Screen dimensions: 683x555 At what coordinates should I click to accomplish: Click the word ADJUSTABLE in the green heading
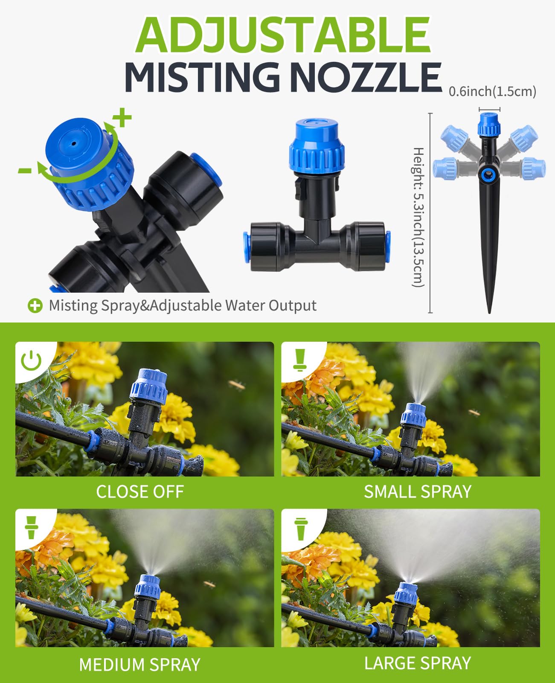click(x=283, y=35)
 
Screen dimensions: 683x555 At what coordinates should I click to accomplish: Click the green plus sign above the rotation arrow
click(x=123, y=118)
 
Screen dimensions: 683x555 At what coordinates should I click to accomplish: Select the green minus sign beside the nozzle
click(x=25, y=171)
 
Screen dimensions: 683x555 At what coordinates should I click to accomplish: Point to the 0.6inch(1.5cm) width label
click(x=492, y=91)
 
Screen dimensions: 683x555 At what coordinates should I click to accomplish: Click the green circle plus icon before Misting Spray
click(x=35, y=305)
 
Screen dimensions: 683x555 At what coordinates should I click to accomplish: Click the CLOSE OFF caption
click(x=140, y=492)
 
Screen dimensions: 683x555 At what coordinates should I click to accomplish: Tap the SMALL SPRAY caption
click(x=417, y=492)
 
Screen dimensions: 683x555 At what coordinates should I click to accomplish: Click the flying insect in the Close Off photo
click(x=237, y=385)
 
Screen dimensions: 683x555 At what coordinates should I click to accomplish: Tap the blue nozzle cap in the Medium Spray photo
click(x=148, y=587)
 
